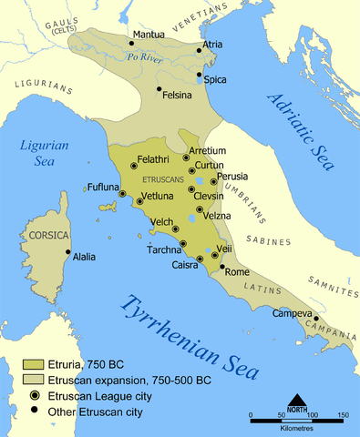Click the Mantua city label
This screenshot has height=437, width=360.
click(x=149, y=36)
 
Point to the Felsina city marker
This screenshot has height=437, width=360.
click(x=159, y=89)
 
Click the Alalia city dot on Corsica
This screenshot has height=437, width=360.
click(x=68, y=253)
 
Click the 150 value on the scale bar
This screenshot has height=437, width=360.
click(x=342, y=415)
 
